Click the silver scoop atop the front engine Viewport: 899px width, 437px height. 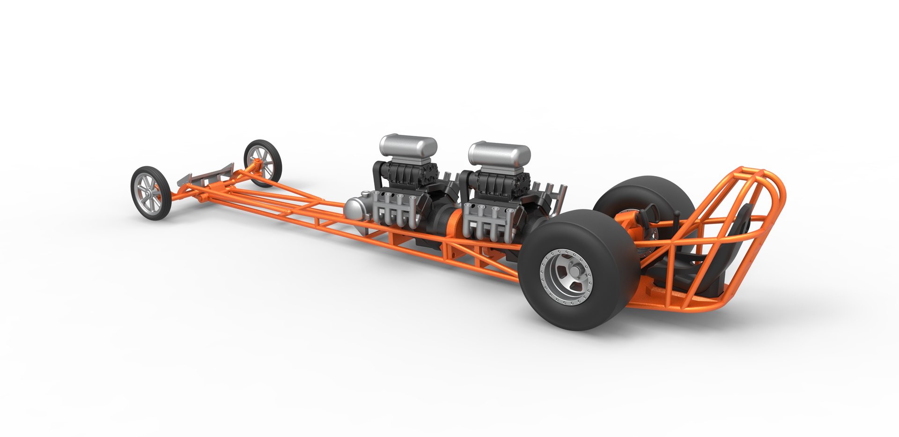(408, 146)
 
